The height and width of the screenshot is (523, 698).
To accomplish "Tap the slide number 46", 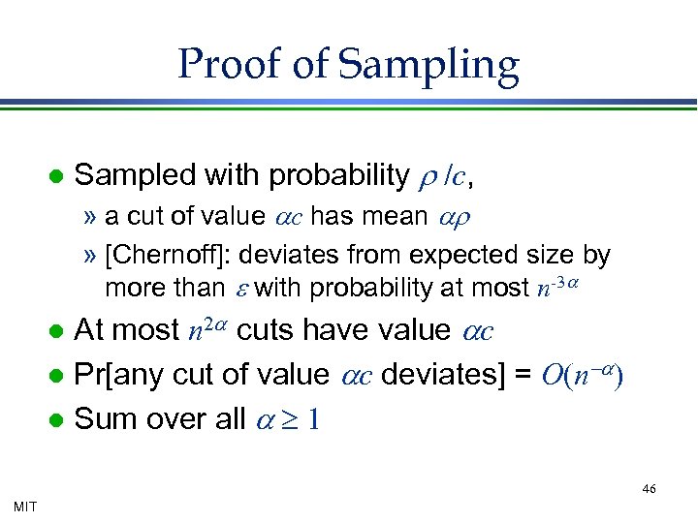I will (649, 489).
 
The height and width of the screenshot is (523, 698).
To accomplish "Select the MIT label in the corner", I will (26, 505).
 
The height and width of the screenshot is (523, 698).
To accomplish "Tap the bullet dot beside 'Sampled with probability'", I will (56, 176).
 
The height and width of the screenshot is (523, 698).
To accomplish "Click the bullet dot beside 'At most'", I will (56, 331).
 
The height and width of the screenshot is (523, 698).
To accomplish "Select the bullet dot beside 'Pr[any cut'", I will (56, 376).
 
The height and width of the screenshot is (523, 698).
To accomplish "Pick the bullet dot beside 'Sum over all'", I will (56, 419).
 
